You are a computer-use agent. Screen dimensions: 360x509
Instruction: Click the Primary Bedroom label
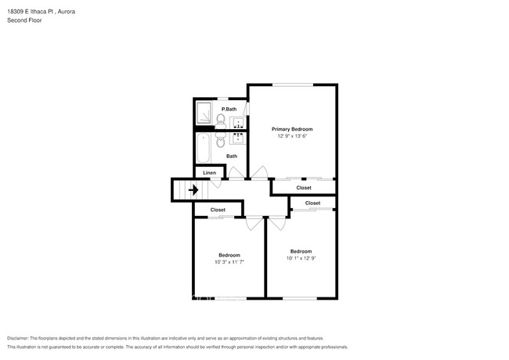tap(292, 128)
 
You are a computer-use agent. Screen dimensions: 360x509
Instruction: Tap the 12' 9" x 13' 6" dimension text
tap(292, 136)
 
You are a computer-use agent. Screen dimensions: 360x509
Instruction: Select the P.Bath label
tap(229, 109)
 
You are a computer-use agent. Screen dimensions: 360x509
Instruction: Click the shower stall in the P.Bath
tap(204, 113)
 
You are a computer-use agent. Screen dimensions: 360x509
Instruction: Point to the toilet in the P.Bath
tap(222, 120)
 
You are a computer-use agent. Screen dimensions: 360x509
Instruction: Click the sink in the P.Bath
tap(238, 121)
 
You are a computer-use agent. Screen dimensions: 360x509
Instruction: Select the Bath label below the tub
tap(232, 156)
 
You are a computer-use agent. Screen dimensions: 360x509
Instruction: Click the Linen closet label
tap(209, 172)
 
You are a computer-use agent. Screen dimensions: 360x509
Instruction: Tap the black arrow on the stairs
tap(193, 189)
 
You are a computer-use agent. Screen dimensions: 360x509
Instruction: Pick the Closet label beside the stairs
tap(218, 210)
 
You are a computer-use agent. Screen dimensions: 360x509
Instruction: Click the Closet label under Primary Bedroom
tap(303, 188)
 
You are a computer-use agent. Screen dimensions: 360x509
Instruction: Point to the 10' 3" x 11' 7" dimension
tap(229, 262)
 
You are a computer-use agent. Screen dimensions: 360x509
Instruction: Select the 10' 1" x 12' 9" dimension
tap(301, 258)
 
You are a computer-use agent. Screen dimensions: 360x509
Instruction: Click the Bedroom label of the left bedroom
tap(229, 255)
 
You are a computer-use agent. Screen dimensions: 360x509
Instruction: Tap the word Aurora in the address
tap(64, 12)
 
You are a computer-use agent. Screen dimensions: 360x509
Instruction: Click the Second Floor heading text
tap(24, 20)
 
